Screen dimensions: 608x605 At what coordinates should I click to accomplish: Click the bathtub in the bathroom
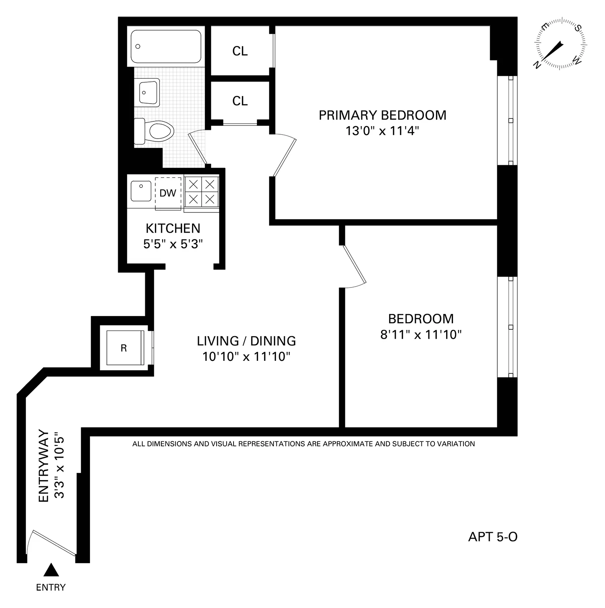pyautogui.click(x=166, y=46)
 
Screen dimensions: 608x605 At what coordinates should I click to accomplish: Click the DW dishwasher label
pyautogui.click(x=168, y=193)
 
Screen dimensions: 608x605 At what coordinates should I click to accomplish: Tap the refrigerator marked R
pyautogui.click(x=124, y=348)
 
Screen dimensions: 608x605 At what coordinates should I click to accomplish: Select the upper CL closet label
pyautogui.click(x=240, y=51)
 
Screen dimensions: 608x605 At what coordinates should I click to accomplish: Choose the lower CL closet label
pyautogui.click(x=240, y=101)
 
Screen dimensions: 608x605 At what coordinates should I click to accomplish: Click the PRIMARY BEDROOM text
pyautogui.click(x=382, y=115)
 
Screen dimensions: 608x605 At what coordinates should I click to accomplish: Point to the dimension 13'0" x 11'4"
pyautogui.click(x=382, y=131)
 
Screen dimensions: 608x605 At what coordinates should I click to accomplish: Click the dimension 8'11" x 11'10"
pyautogui.click(x=421, y=335)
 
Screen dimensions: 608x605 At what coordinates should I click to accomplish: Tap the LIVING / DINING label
pyautogui.click(x=246, y=341)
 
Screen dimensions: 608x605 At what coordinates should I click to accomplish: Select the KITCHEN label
pyautogui.click(x=173, y=229)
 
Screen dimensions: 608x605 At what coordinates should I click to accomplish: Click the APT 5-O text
pyautogui.click(x=492, y=537)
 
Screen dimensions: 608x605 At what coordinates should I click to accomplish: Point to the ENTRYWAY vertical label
pyautogui.click(x=44, y=466)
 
